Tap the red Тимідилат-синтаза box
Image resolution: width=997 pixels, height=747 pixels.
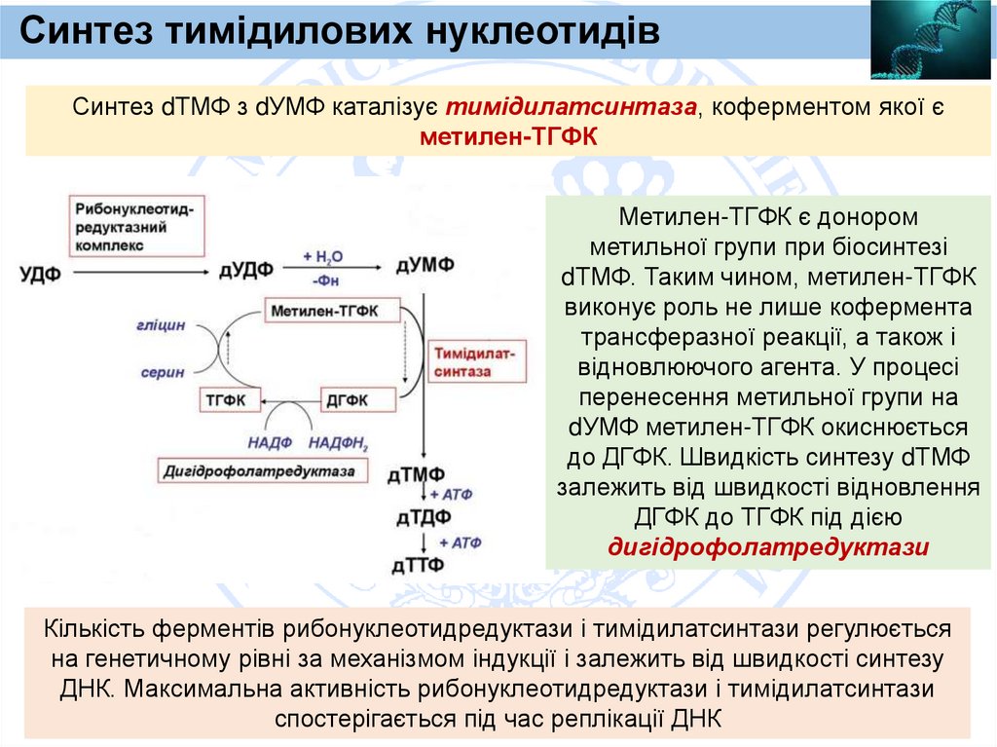click(475, 360)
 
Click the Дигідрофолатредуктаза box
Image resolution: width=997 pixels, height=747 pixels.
click(265, 470)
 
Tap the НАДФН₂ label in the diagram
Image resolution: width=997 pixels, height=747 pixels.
click(338, 443)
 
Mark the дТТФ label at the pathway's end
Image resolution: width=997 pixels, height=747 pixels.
click(418, 564)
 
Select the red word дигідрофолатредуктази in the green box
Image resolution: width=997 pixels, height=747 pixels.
click(767, 547)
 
